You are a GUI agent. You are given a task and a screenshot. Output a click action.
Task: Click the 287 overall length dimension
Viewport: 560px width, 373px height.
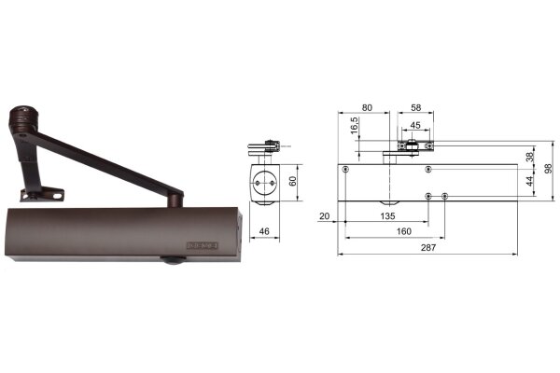point(428,247)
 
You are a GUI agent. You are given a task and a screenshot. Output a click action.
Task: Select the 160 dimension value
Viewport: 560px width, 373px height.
point(404,231)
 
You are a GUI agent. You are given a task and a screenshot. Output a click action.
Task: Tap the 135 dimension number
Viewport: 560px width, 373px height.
point(388,216)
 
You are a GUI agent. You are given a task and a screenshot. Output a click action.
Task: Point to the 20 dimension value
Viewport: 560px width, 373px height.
point(324,216)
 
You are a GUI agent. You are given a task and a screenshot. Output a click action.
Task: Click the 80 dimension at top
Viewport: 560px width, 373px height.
point(367,107)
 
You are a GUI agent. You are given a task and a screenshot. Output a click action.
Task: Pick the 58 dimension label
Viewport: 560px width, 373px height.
point(415,107)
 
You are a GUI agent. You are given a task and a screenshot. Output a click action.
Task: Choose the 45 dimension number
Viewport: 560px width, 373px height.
point(415,125)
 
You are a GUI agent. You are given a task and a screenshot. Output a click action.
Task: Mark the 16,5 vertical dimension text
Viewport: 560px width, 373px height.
point(355,126)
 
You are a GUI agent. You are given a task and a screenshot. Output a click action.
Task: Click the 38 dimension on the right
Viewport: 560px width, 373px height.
point(529,157)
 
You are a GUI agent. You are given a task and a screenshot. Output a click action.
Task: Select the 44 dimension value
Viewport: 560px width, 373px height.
point(529,181)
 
